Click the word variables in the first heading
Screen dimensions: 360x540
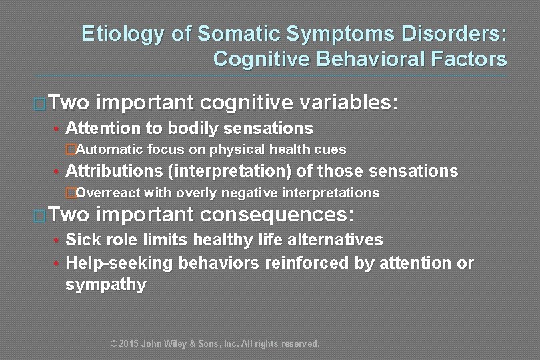(348, 103)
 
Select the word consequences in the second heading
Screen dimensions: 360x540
(277, 215)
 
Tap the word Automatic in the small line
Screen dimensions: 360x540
(110, 149)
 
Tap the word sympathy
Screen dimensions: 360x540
(106, 285)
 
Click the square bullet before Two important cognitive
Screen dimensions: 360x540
(39, 104)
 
